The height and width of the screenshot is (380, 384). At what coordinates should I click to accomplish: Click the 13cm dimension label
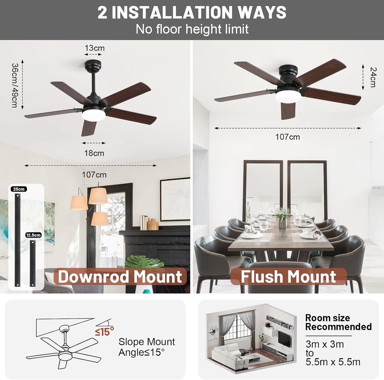94,48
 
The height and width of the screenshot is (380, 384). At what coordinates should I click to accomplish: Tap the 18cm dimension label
94,153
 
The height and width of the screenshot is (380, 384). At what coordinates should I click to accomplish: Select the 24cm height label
373,77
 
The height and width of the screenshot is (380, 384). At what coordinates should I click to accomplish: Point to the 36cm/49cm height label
14,85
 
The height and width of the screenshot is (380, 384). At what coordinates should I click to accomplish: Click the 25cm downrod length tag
19,189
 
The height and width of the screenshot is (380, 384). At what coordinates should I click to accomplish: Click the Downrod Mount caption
120,277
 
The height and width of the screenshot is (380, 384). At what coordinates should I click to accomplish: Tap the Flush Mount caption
289,277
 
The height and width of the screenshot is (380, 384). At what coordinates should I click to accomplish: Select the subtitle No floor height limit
192,29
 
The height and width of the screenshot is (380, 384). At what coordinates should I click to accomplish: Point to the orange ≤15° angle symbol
104,331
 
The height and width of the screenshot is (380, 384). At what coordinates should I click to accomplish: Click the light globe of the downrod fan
93,115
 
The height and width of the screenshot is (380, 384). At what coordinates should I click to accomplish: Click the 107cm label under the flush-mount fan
288,137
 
